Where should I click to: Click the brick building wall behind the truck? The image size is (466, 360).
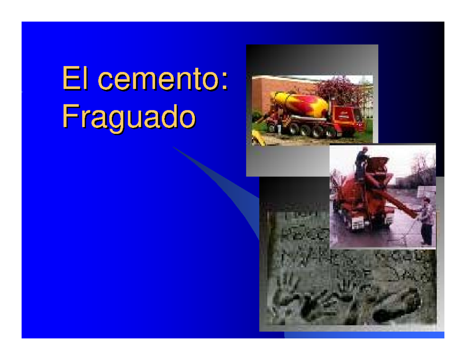tap(264, 93)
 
